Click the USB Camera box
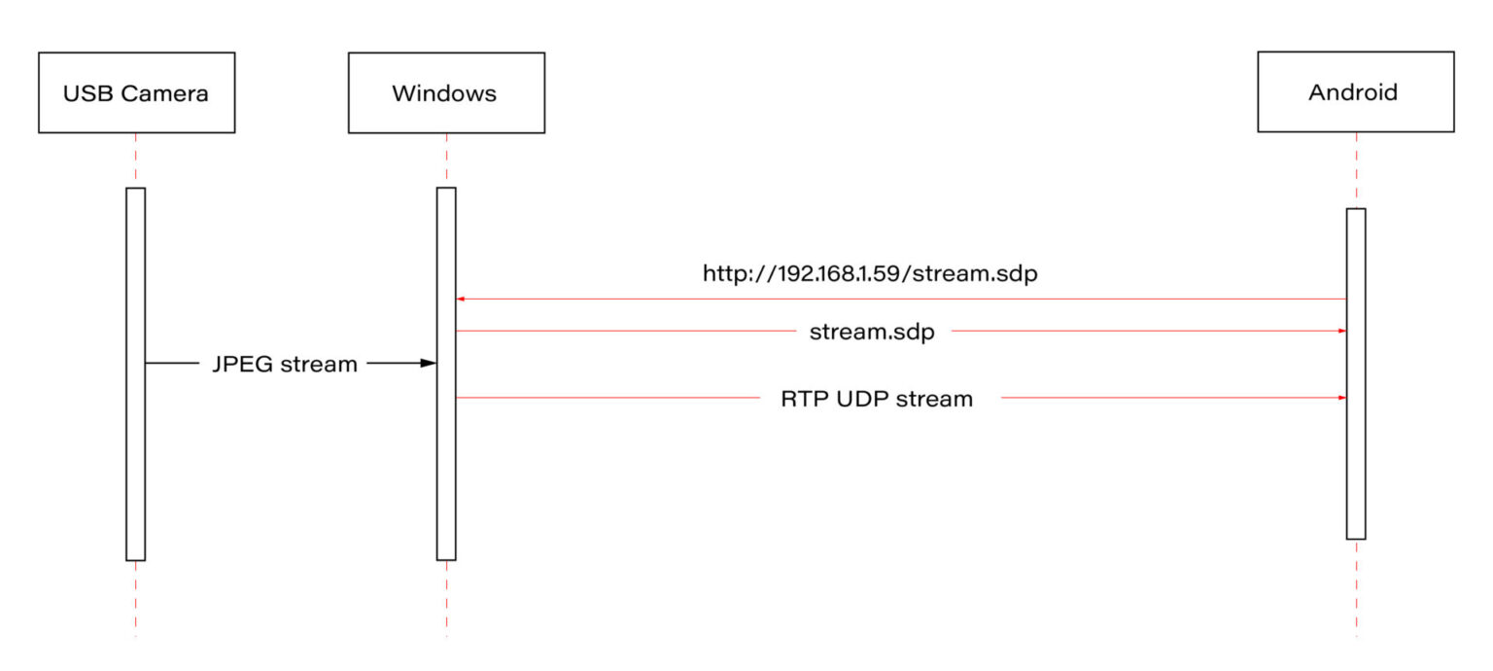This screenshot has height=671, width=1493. coord(136,93)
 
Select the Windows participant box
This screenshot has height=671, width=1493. coord(446,93)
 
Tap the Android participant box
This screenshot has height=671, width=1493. coord(1355,92)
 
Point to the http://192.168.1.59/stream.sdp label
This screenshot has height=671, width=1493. coord(870,274)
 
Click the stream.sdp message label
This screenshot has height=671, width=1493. coord(872,333)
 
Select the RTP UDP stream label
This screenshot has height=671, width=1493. coord(877,399)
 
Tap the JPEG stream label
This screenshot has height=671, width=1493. coord(285,365)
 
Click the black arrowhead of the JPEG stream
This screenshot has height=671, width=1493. coord(428,364)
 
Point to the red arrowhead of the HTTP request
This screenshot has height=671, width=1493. coord(462,300)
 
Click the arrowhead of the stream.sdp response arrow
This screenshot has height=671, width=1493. coord(1341,332)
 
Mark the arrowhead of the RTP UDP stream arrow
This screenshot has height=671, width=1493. coord(1341,398)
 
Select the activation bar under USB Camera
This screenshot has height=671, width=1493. coord(135,373)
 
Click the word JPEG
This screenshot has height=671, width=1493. coord(242,365)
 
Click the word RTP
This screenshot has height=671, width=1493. coord(804,399)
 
